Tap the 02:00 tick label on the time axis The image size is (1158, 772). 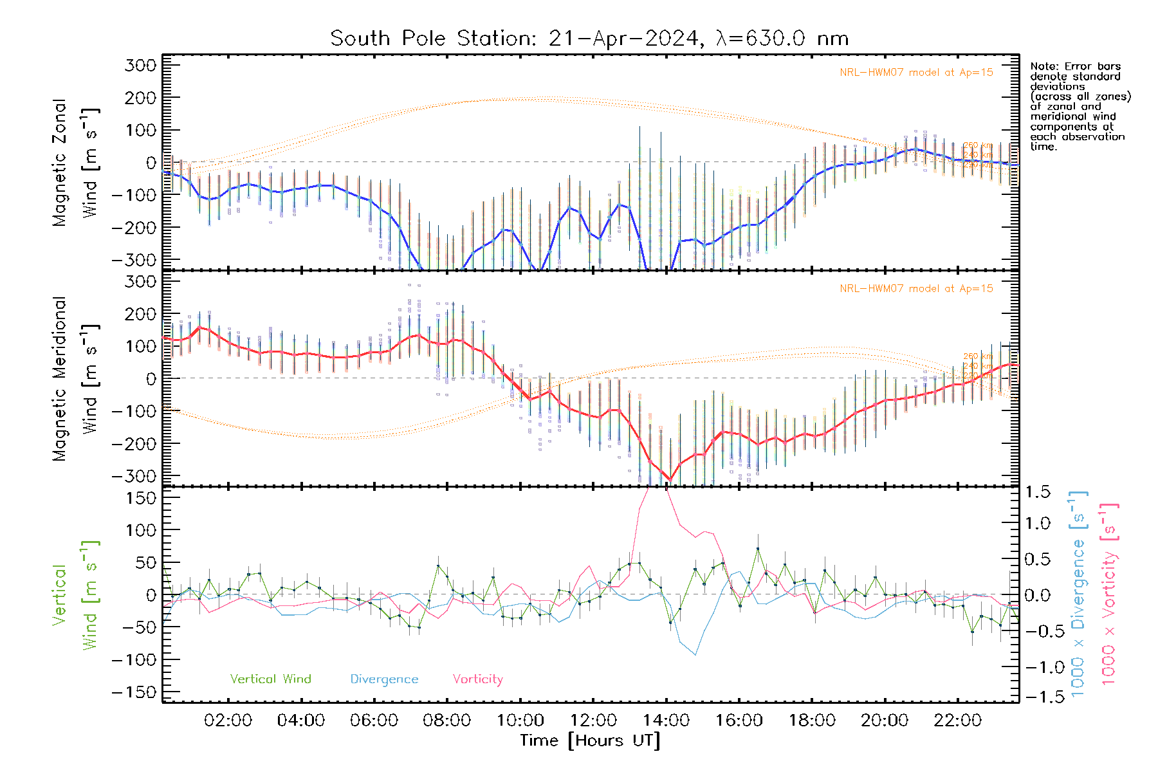228,720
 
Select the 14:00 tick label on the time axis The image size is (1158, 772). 666,720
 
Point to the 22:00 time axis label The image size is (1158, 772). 957,720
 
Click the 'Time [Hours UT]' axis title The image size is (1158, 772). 590,740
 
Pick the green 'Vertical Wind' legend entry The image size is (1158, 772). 270,679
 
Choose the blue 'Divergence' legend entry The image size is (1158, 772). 384,679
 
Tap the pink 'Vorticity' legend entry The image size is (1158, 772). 477,679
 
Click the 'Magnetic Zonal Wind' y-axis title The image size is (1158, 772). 76,162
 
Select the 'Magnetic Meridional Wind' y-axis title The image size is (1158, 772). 76,378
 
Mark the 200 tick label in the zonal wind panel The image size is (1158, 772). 140,98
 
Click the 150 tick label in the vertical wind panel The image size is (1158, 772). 140,498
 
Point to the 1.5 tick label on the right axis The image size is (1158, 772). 1038,492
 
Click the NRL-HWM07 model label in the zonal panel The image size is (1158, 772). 916,73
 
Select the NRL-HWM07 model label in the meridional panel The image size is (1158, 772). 916,289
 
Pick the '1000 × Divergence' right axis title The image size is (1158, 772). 1078,595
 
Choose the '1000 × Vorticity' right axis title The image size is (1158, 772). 1108,595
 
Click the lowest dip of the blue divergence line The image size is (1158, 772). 695,655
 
